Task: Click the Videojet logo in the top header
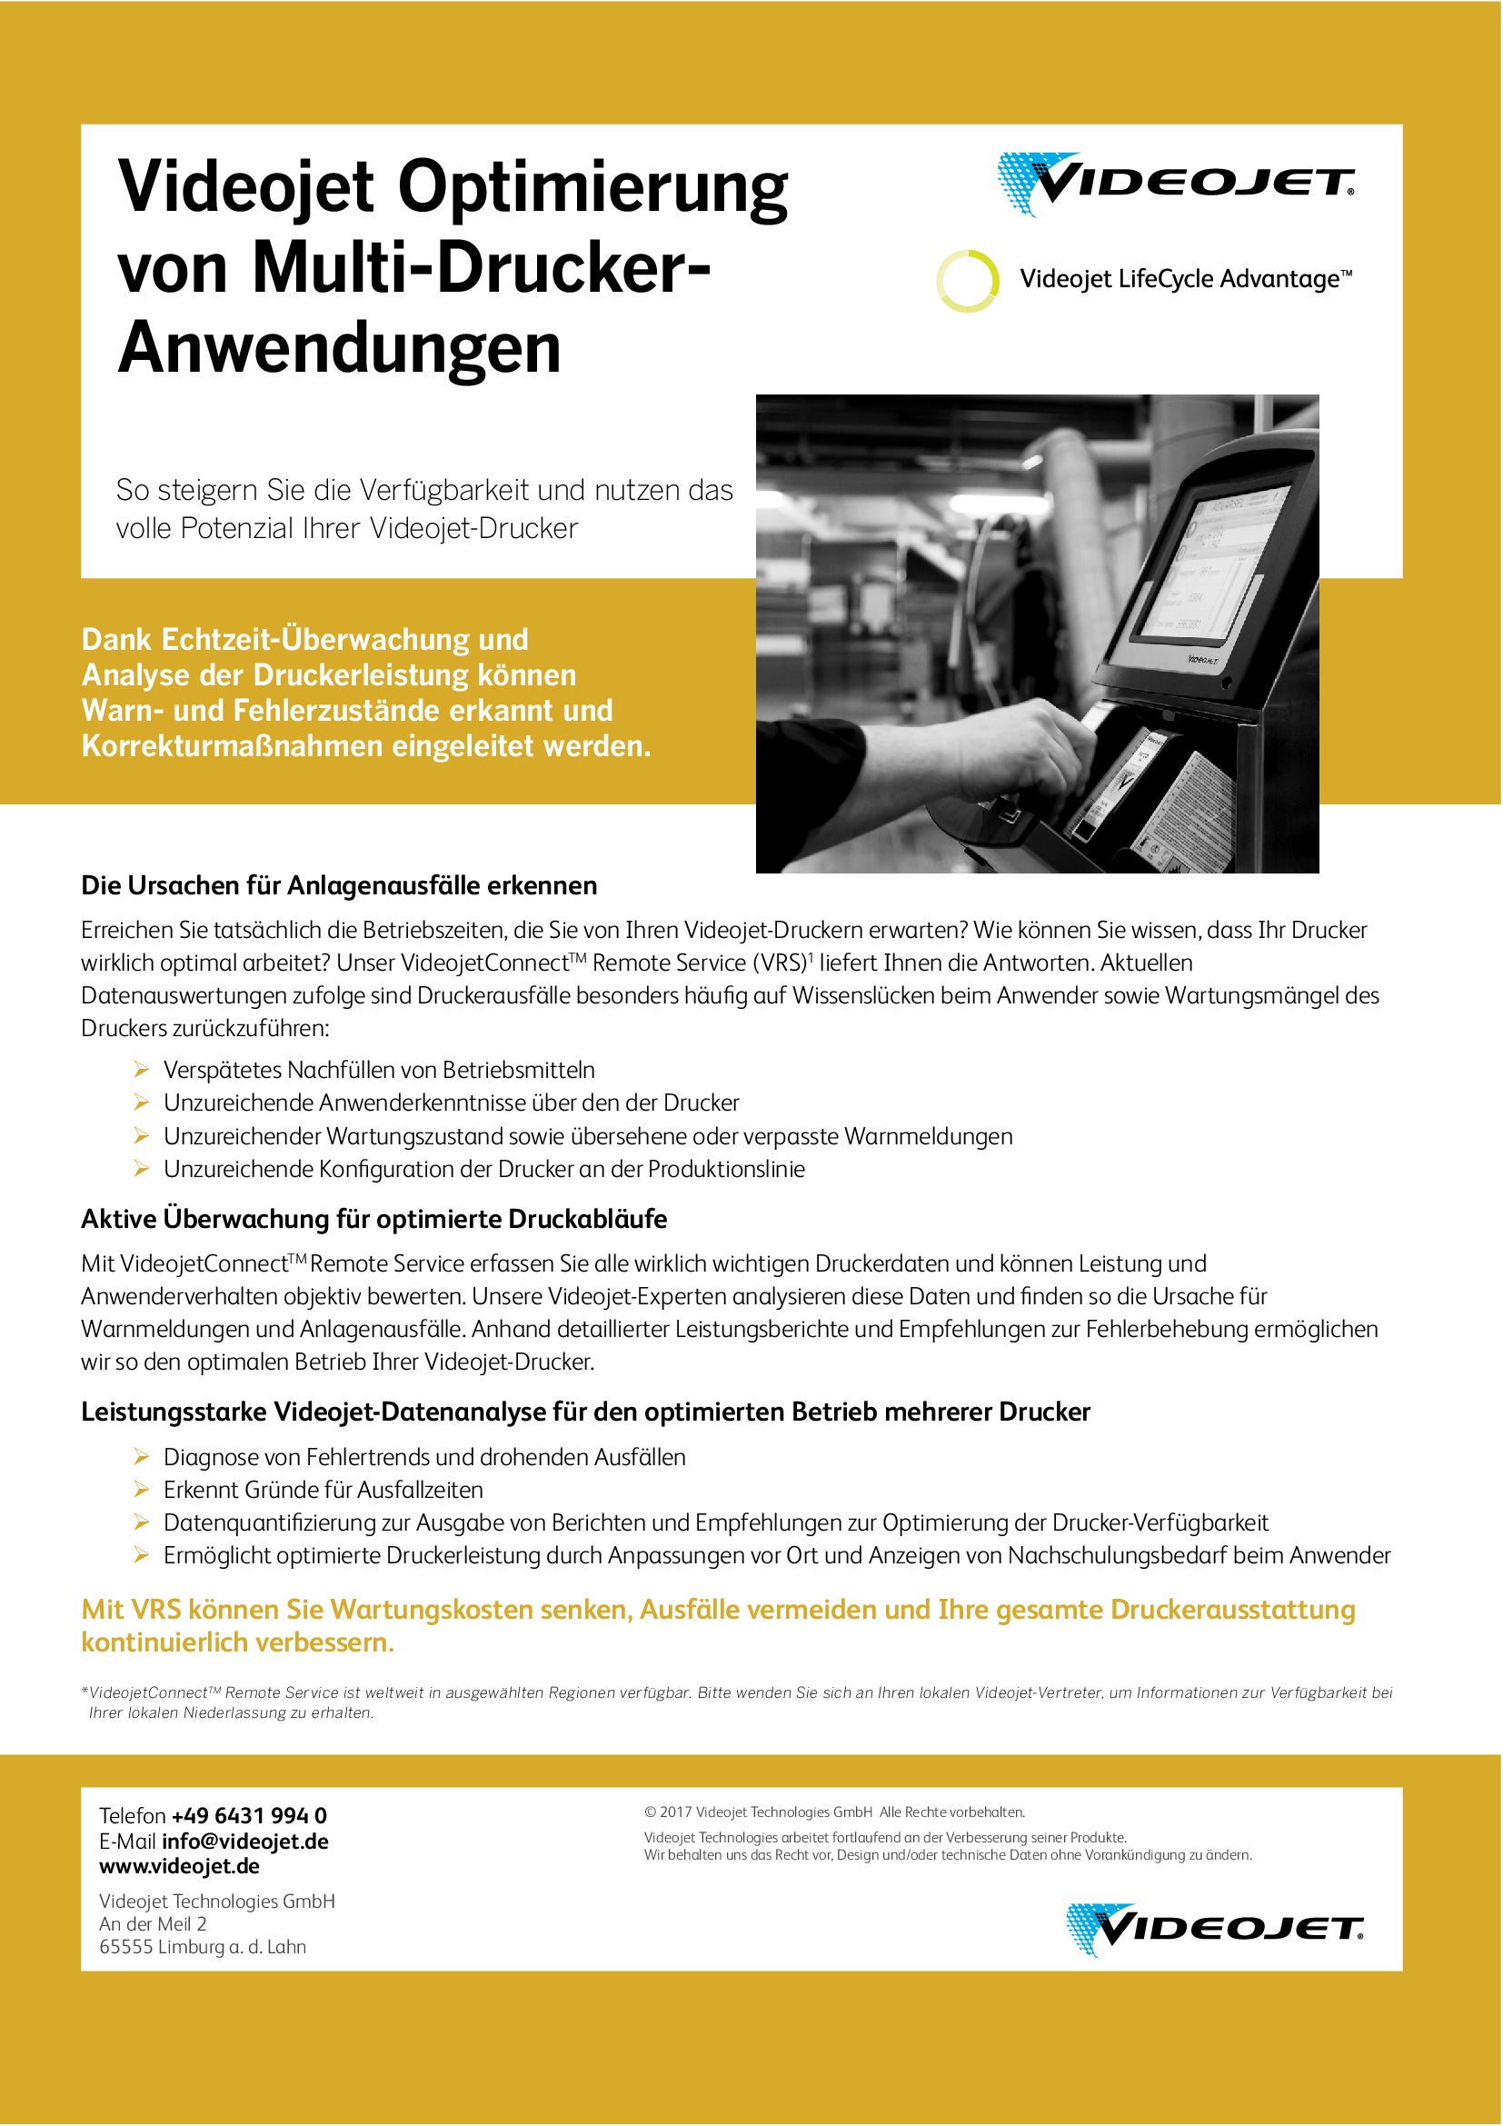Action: pyautogui.click(x=1175, y=184)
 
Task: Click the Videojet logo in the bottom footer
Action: pyautogui.click(x=1214, y=1930)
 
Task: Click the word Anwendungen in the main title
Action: pyautogui.click(x=340, y=348)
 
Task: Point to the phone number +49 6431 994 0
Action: pyautogui.click(x=249, y=1816)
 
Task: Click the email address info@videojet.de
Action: pyautogui.click(x=245, y=1841)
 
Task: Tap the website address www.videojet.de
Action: pyautogui.click(x=180, y=1866)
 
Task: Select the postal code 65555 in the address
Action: pyautogui.click(x=124, y=1946)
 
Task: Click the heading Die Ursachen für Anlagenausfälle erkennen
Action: pyautogui.click(x=339, y=886)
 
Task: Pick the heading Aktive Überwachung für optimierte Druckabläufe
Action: pyautogui.click(x=373, y=1220)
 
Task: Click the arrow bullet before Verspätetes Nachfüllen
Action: pyautogui.click(x=142, y=1071)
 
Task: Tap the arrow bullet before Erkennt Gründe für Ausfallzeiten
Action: pyautogui.click(x=142, y=1490)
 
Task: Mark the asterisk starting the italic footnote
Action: pyautogui.click(x=85, y=1692)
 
